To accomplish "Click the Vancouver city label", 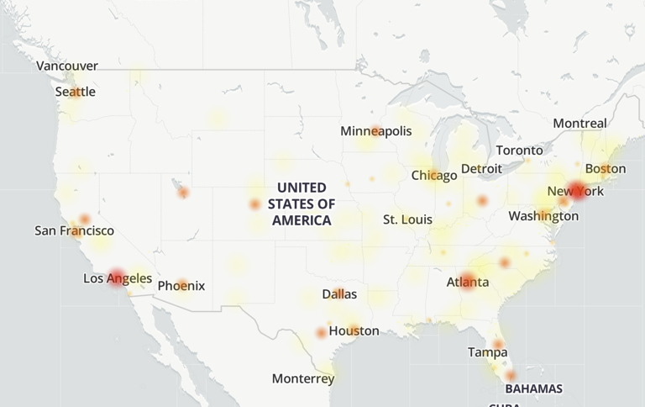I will point(67,66).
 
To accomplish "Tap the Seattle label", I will point(75,92).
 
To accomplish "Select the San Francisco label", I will point(74,230).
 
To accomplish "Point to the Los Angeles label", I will point(118,278).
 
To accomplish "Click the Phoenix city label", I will point(181,286).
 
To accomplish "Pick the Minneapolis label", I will point(376,131).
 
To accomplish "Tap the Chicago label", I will point(434,176).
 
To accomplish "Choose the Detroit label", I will point(481,169).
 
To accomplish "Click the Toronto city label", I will point(520,151).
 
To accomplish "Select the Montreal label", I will point(579,124).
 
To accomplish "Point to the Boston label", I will point(606,169).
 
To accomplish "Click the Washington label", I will point(543,216).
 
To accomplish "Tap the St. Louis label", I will point(407,219).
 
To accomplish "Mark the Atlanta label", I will point(468,282).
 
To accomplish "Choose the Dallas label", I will point(339,294).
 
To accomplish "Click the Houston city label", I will point(354,331).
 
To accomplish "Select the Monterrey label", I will point(303,379).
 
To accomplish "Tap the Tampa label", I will point(488,352).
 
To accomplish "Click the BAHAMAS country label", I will point(533,388).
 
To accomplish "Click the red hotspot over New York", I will point(577,190).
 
